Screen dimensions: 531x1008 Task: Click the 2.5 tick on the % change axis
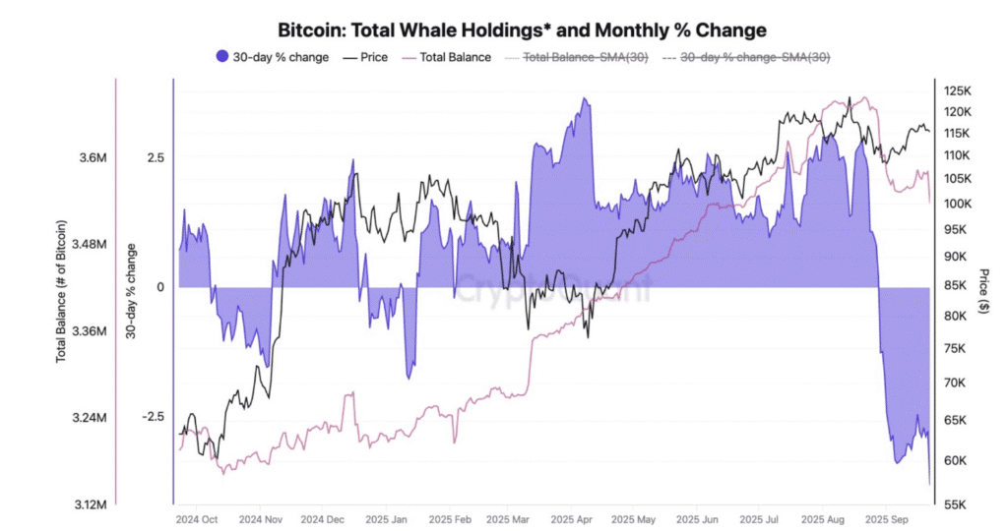pos(154,157)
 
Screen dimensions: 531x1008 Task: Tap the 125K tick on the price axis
pos(958,90)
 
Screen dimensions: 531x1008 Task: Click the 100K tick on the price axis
pos(958,204)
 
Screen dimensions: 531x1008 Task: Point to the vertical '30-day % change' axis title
pos(131,291)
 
